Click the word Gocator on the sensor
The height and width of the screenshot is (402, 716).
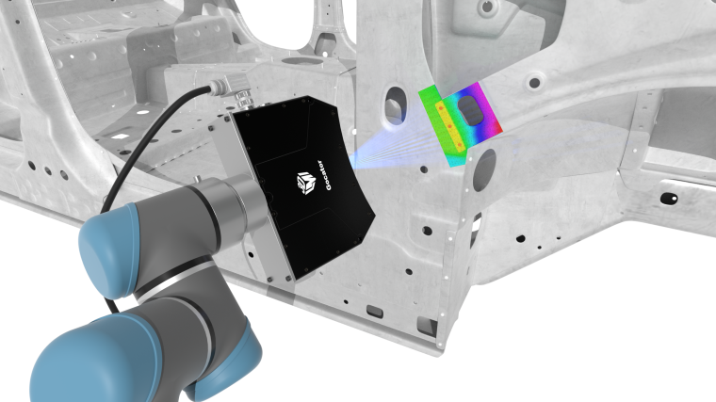pos(324,175)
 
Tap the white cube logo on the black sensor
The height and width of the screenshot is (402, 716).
pos(306,183)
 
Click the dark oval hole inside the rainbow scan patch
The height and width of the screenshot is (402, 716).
pos(470,110)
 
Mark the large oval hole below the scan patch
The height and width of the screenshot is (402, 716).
pos(484,170)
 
